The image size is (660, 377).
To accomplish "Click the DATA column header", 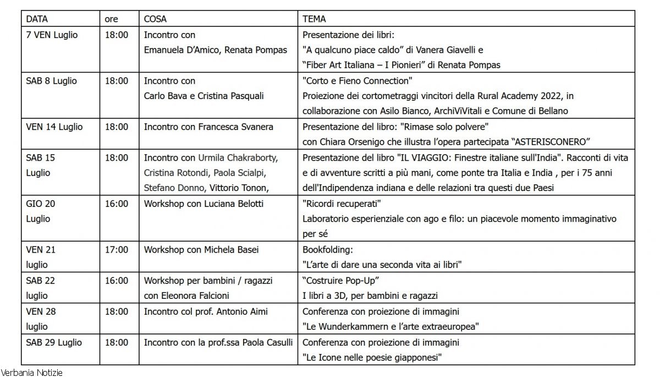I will coord(37,19).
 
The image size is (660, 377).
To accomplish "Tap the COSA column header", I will coord(156,19).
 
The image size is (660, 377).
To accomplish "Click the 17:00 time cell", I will coord(117,249).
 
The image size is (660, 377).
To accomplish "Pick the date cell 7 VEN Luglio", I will coord(52,35).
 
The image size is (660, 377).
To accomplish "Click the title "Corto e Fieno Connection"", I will coord(358,81).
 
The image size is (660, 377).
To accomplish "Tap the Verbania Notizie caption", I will coord(31,373).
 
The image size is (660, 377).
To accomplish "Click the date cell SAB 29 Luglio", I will coord(54,342).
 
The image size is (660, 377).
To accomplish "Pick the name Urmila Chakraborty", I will coord(238,157).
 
